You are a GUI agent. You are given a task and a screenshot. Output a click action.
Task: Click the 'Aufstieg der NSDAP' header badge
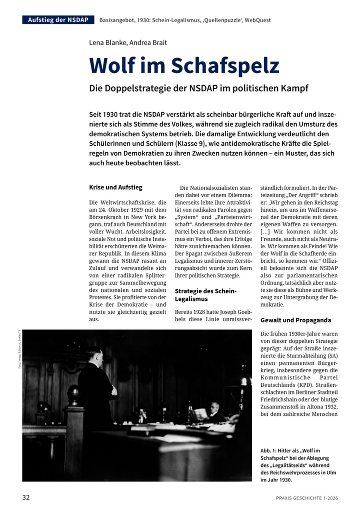[58, 20]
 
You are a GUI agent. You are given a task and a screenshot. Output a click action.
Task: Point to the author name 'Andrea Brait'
[148, 43]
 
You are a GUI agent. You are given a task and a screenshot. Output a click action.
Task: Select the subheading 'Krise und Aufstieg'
[115, 187]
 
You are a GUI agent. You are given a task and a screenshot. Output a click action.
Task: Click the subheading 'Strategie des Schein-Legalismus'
[205, 295]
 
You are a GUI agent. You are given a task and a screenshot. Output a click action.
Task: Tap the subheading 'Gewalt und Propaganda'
[295, 320]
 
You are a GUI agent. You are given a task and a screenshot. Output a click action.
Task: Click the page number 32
[26, 497]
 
